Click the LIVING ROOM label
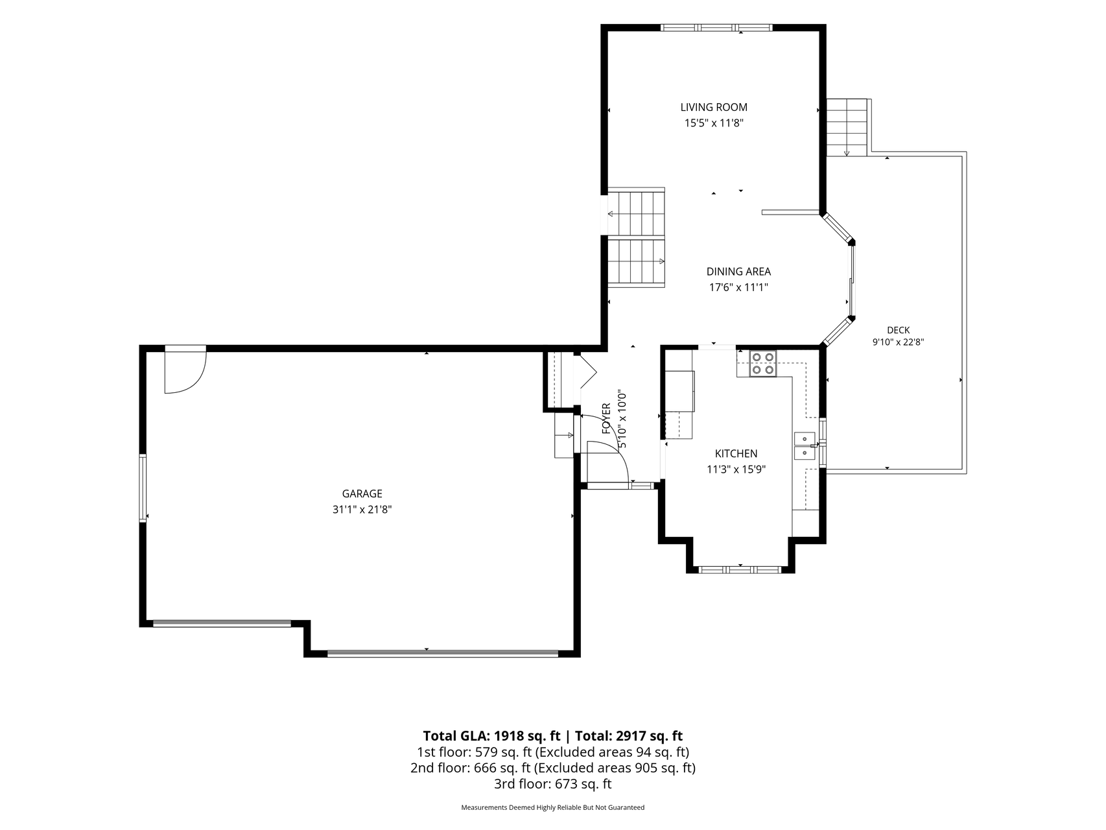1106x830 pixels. coord(714,107)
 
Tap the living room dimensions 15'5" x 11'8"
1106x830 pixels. coord(714,123)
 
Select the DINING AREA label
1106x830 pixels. coord(738,272)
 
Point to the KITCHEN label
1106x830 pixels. coord(736,454)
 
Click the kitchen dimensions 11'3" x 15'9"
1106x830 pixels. coord(736,470)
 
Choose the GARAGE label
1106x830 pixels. coord(362,494)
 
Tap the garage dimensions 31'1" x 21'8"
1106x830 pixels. coord(362,510)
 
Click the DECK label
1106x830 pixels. coord(898,331)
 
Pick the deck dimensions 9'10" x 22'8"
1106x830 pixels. coord(898,342)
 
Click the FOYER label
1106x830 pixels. coord(607,418)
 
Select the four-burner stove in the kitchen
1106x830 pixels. coord(763,363)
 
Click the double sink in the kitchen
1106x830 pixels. coord(805,446)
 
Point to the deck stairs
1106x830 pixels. coord(847,128)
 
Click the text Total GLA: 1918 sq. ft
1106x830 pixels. coord(491,736)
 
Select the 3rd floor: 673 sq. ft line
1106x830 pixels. coord(553,784)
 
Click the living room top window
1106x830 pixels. coord(716,28)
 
